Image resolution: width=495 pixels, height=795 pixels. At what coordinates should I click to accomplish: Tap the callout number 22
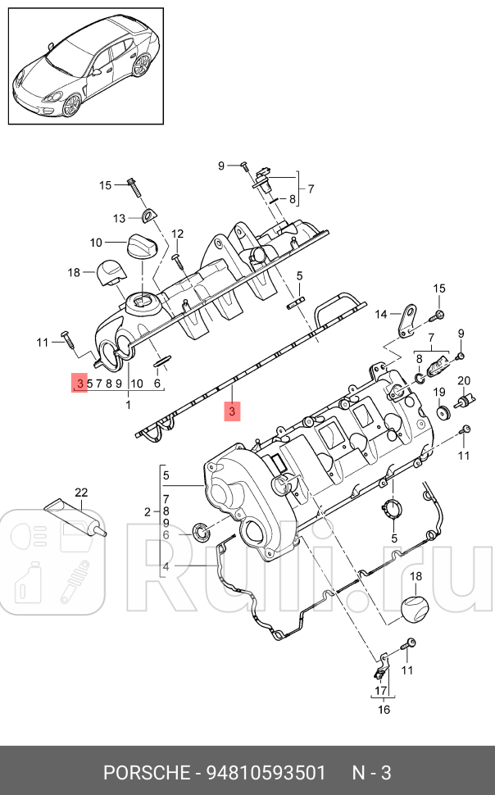click(x=81, y=493)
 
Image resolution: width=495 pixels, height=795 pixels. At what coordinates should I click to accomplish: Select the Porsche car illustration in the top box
click(x=85, y=69)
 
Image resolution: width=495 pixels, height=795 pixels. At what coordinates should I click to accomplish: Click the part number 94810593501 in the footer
click(x=266, y=773)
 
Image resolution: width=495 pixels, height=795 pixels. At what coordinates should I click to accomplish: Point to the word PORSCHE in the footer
click(x=148, y=773)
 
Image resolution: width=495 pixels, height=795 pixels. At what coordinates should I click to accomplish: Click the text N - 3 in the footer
click(x=371, y=773)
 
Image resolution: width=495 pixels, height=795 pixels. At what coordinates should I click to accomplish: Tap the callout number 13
click(x=120, y=218)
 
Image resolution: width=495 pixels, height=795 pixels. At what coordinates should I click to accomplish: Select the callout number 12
click(x=178, y=234)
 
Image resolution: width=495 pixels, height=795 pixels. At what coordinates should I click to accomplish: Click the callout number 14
click(x=381, y=314)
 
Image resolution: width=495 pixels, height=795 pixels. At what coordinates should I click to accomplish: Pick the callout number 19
click(x=438, y=392)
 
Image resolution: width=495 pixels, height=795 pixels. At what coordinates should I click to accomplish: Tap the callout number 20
click(x=463, y=381)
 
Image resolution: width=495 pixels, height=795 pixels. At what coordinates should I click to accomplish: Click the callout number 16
click(x=384, y=710)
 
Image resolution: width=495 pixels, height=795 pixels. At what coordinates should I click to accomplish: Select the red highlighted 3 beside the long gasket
click(x=232, y=412)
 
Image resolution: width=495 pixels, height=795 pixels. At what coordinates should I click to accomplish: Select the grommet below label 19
click(x=442, y=411)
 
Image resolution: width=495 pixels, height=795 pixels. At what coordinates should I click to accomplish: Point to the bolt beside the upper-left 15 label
click(x=132, y=185)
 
